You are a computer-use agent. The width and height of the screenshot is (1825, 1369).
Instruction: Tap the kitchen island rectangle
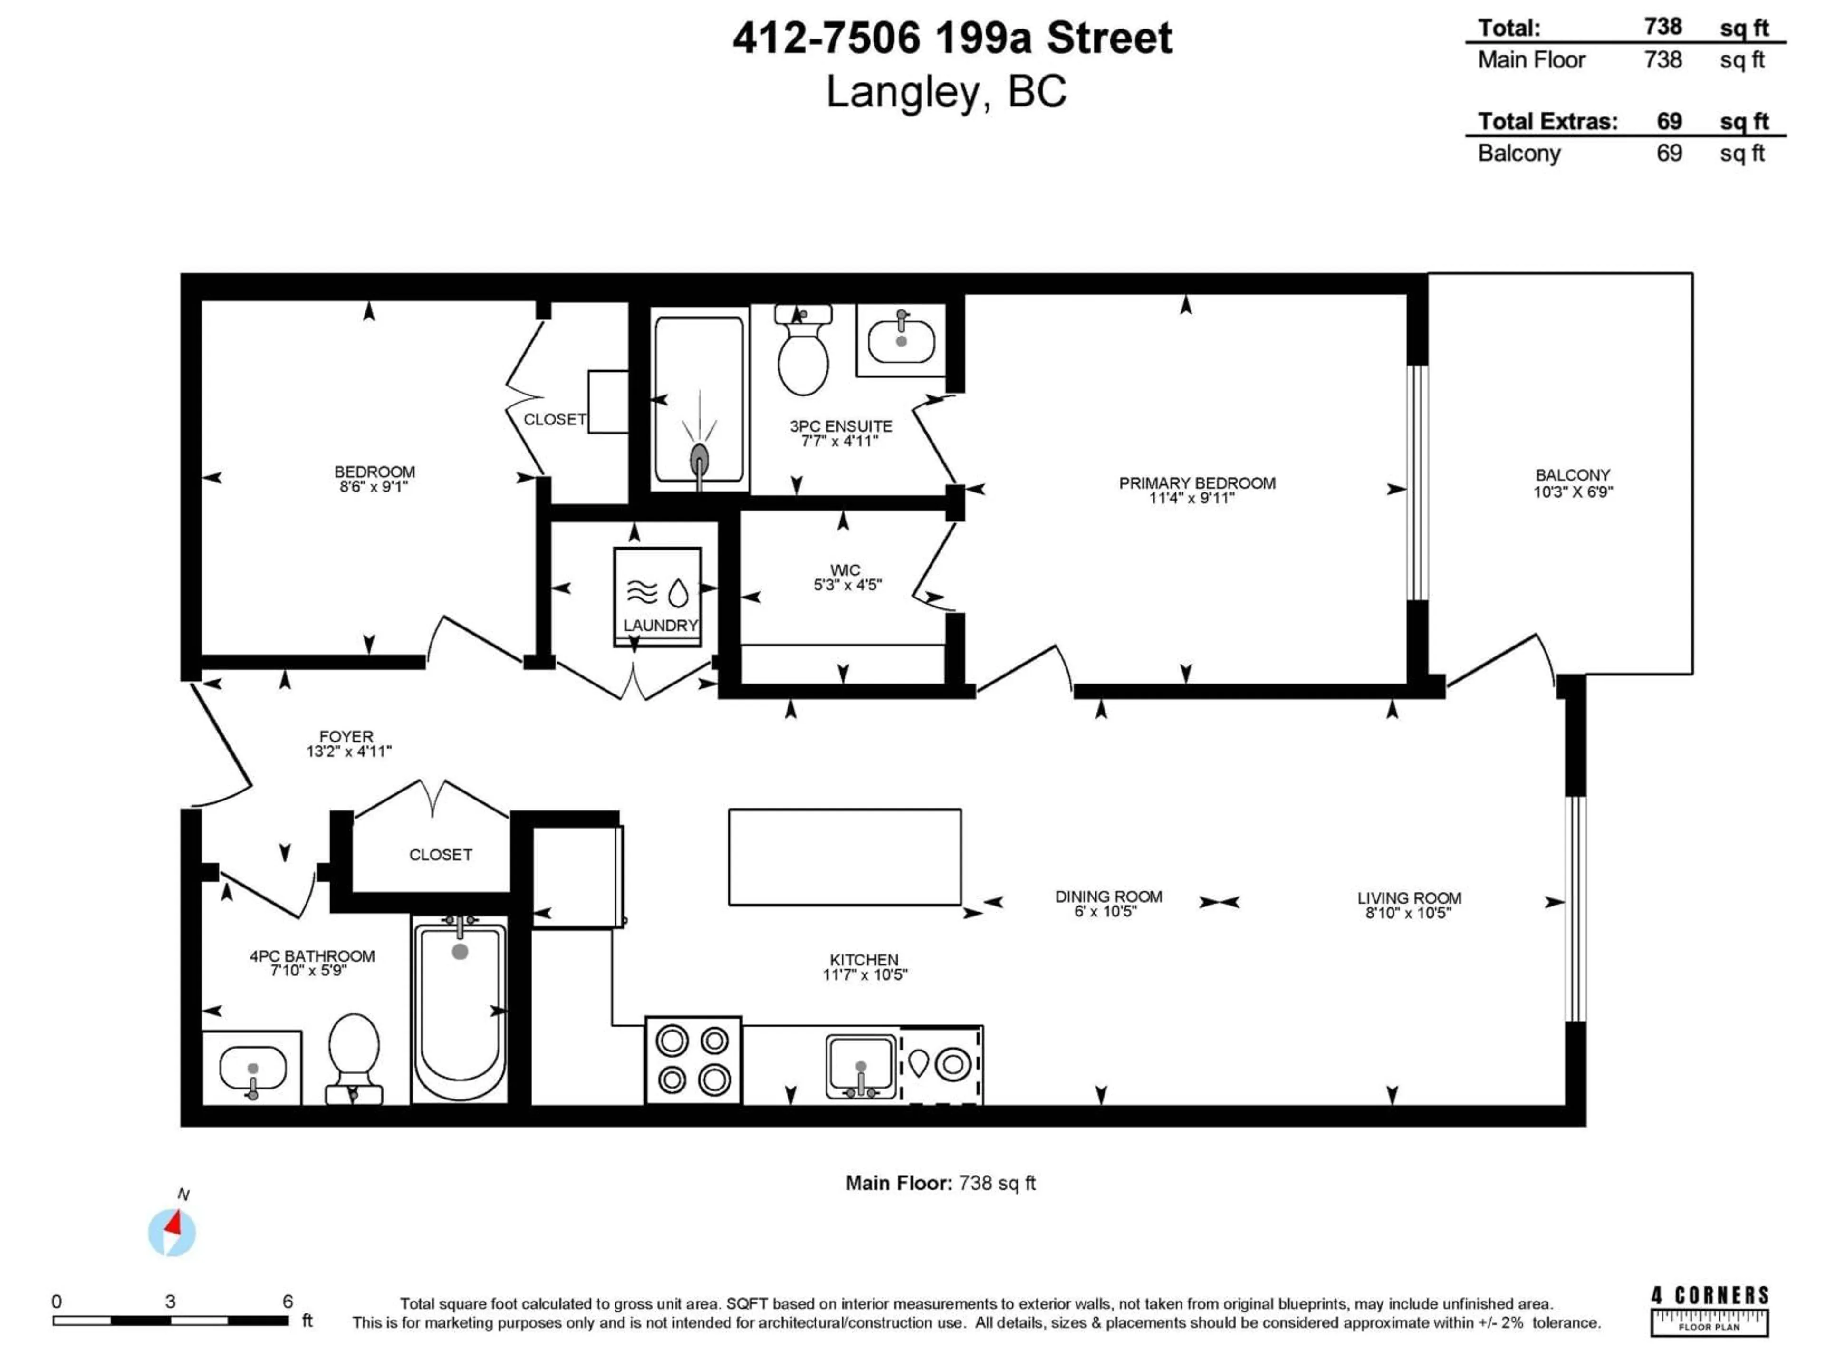pos(844,857)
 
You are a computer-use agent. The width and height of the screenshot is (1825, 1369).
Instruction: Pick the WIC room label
pos(845,570)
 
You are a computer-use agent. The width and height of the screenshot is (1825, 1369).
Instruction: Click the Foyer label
pos(346,736)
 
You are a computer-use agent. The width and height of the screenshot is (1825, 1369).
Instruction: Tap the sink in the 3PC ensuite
pos(901,341)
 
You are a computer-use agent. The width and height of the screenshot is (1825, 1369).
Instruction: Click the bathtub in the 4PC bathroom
pos(460,1011)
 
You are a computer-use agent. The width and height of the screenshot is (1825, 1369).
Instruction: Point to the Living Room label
pos(1408,898)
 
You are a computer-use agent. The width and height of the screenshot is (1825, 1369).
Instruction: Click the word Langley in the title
pos(903,92)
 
